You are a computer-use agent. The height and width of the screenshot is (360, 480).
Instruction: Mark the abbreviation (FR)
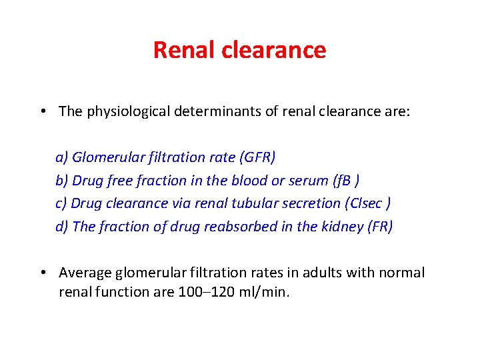coord(380,227)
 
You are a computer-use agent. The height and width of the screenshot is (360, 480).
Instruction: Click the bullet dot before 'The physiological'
coord(43,111)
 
